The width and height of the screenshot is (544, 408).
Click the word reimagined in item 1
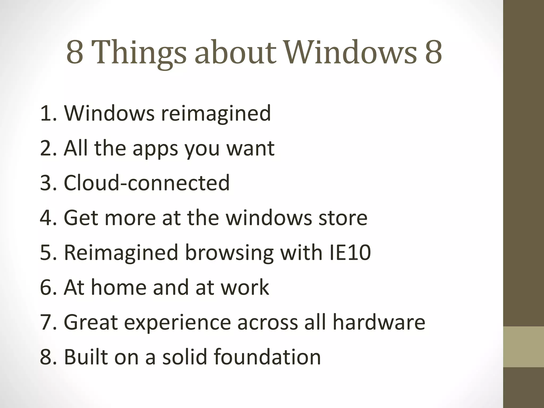[216, 113]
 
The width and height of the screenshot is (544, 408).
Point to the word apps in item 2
[155, 149]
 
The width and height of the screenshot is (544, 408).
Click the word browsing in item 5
[229, 253]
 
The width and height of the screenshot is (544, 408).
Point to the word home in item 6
[119, 287]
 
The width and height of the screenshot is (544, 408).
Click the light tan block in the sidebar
[524, 347]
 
